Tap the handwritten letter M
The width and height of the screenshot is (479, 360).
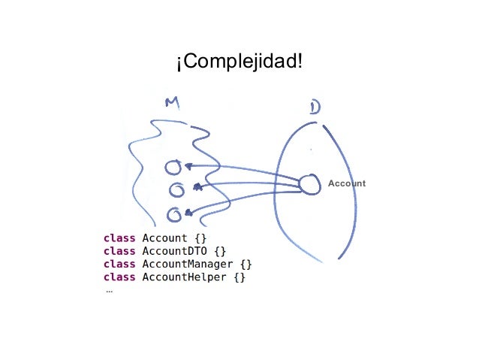[x=172, y=104]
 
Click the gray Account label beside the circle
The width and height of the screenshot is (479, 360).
[x=347, y=183]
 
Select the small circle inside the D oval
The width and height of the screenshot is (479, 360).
[x=309, y=183]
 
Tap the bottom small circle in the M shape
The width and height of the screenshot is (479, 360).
[x=173, y=214]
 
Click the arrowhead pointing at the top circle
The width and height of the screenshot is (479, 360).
[x=188, y=166]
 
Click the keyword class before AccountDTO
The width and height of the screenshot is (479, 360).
[x=119, y=251]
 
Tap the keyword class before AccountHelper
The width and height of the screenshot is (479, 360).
[x=119, y=278]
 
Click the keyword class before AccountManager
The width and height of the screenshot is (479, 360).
[x=119, y=265]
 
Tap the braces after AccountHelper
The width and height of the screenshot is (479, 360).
[x=239, y=278]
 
